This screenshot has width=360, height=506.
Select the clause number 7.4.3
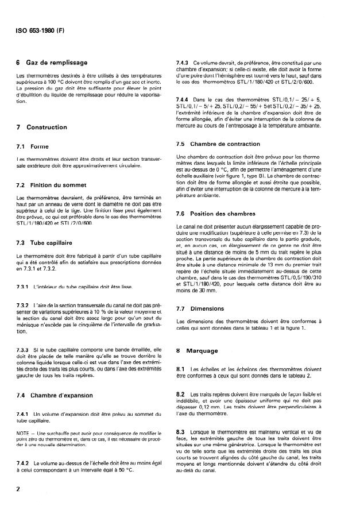pos(183,62)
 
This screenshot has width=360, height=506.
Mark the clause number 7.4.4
pos(183,99)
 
